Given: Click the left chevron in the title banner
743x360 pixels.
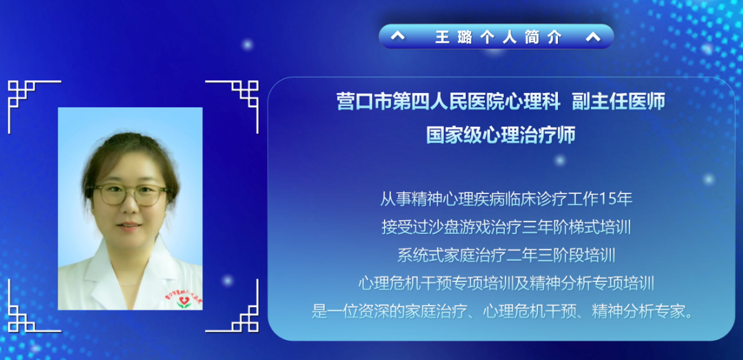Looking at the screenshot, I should pos(398,37).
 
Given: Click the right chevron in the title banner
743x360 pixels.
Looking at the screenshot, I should pos(592,37).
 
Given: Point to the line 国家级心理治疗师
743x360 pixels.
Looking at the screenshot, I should pos(500,134).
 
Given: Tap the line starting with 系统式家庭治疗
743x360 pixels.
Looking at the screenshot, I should pos(506,255).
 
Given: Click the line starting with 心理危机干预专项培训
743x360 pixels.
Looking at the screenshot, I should pos(506,283).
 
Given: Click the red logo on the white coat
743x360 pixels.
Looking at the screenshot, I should pos(183,301).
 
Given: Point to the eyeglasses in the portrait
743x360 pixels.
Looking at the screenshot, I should pos(130,194).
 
